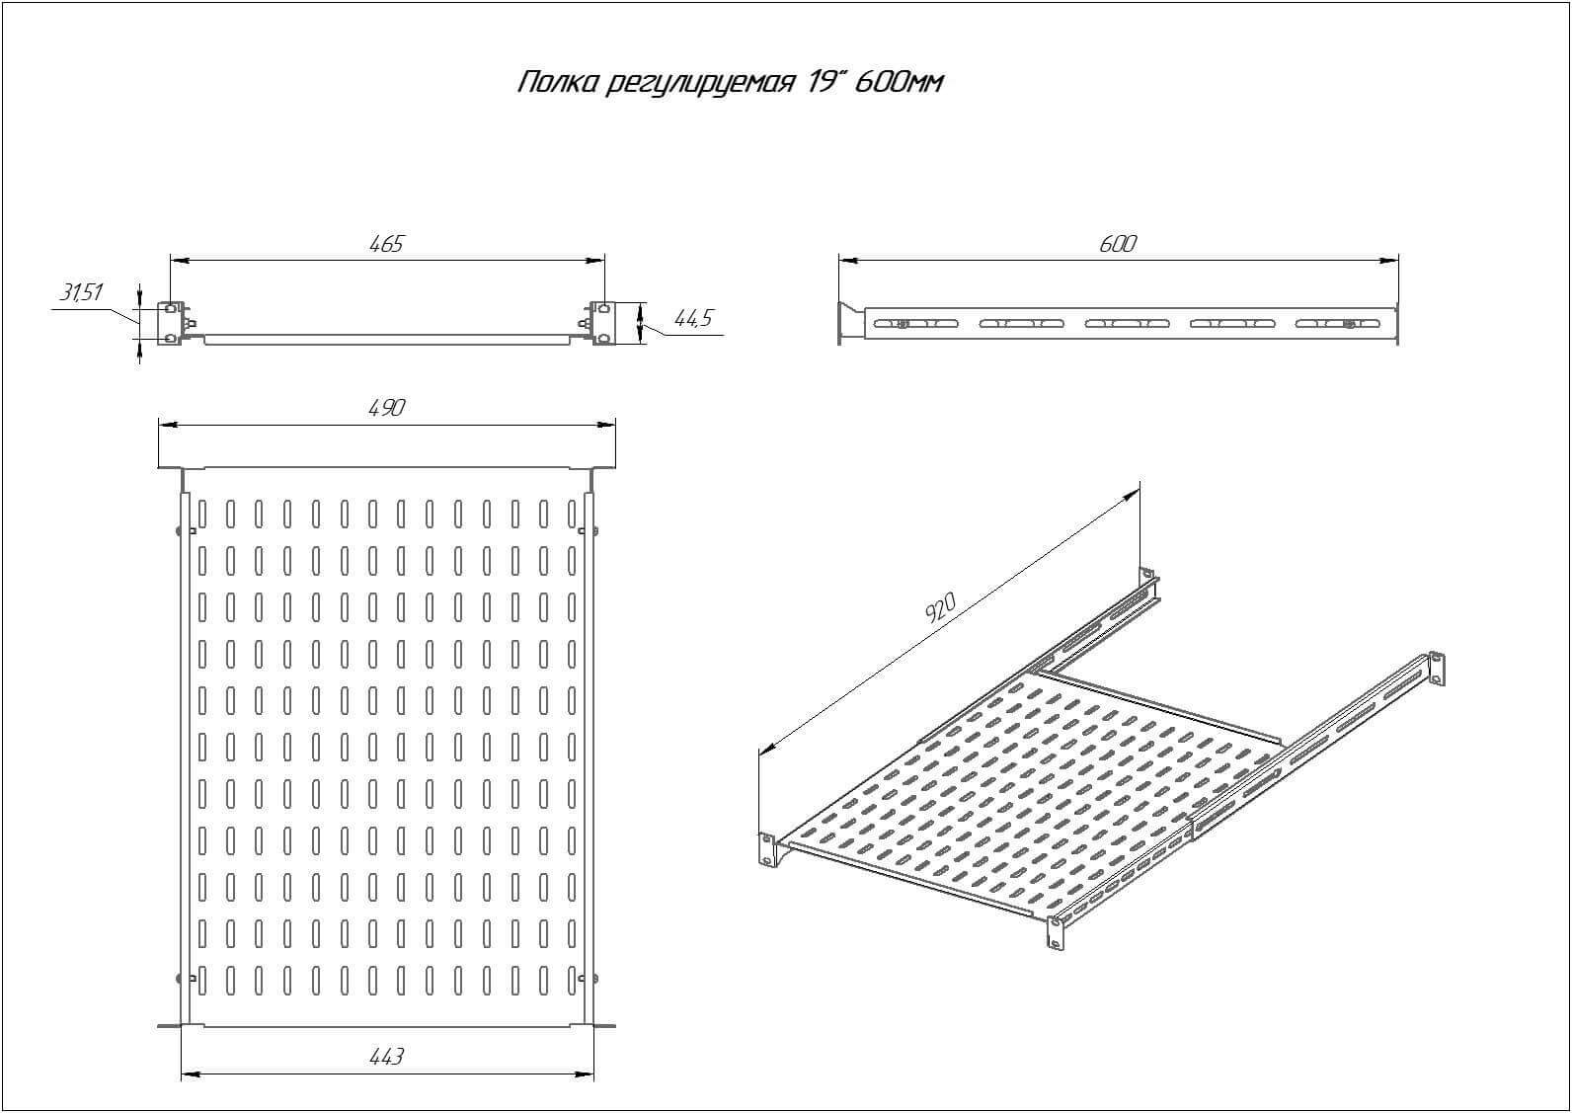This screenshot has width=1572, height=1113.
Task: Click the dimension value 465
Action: [386, 244]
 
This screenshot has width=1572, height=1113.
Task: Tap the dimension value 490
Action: [387, 408]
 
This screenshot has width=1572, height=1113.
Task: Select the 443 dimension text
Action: [386, 1056]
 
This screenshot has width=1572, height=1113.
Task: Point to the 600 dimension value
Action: [1117, 244]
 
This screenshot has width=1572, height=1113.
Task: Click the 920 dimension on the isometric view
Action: [940, 607]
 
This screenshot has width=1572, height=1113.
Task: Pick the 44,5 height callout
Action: [692, 319]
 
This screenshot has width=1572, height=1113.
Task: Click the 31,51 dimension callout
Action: [81, 292]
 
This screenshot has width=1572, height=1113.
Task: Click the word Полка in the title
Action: [558, 83]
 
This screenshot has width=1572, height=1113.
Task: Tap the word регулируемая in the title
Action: [700, 84]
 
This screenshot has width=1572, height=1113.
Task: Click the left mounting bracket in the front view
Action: [171, 324]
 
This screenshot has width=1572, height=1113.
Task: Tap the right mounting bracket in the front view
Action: [603, 324]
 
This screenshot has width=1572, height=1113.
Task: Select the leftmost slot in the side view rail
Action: [915, 324]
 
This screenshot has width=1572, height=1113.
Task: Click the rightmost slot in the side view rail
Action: [1338, 324]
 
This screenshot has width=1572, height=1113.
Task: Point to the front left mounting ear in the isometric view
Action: [766, 850]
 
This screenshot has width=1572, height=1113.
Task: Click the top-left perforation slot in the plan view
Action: [202, 514]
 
